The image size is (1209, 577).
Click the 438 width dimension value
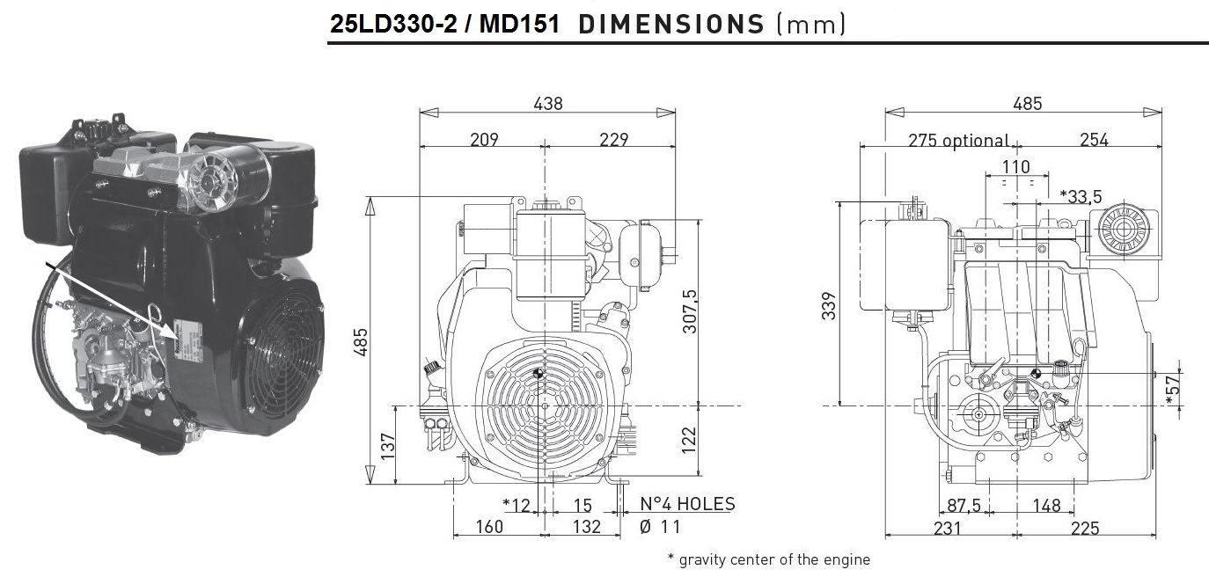pos(548,103)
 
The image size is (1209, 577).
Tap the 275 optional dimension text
pos(958,141)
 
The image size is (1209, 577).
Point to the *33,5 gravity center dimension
pos(1081,196)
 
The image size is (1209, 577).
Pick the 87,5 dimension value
pos(964,505)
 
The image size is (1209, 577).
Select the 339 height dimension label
pos(829,305)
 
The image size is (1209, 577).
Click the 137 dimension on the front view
pos(388,446)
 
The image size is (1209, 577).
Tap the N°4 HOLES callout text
pos(687,504)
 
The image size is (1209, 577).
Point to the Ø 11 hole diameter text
pos(660,526)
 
